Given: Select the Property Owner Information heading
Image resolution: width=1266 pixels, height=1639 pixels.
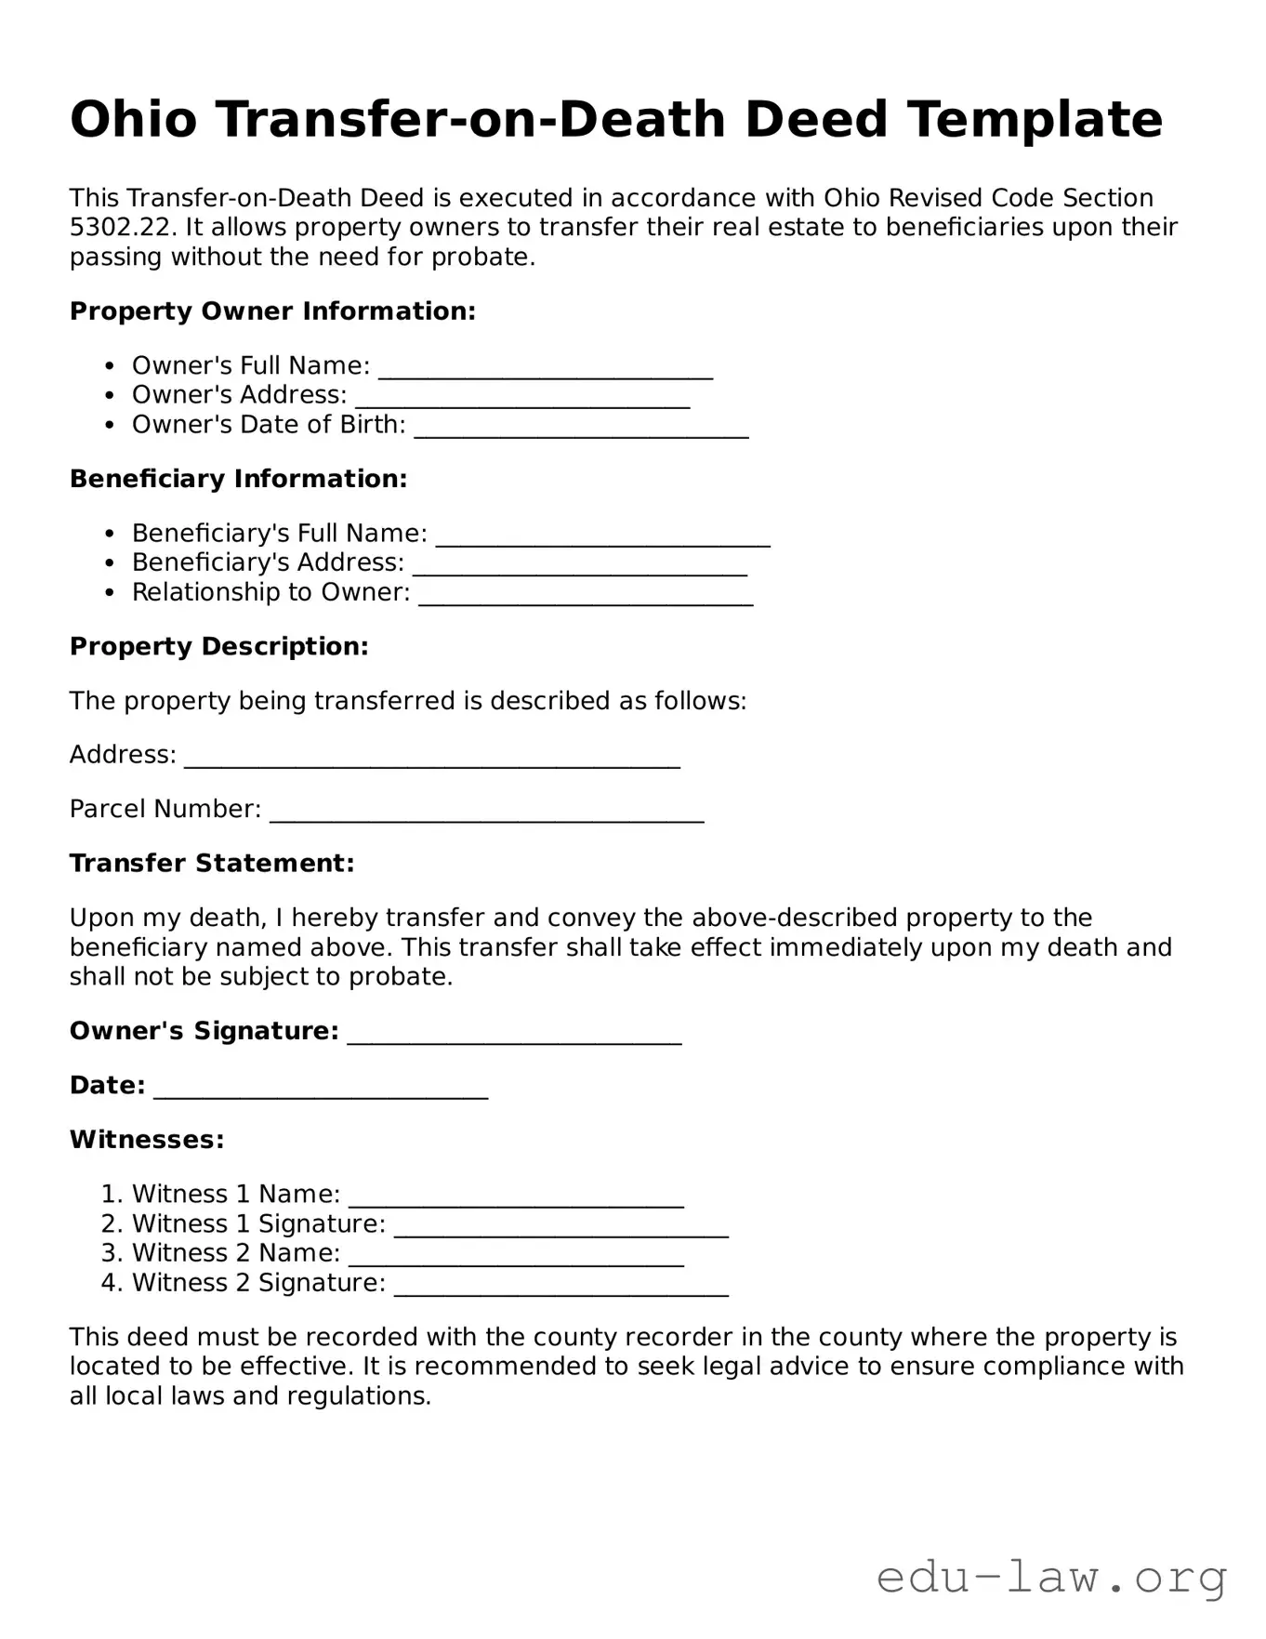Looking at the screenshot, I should (272, 311).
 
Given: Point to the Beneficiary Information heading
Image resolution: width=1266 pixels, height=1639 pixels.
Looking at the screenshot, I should (238, 479).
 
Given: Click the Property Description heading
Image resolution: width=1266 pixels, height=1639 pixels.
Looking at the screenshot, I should (218, 646).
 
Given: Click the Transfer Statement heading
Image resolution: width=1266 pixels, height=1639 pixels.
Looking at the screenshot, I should (212, 864).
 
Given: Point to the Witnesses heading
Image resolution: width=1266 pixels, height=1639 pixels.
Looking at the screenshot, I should (147, 1140).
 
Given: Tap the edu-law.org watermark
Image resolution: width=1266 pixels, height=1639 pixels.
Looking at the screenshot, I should (1051, 1578).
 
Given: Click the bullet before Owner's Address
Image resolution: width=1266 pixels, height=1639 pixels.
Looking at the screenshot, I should (110, 395).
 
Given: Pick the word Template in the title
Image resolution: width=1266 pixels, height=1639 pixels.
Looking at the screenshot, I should (1034, 120).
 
